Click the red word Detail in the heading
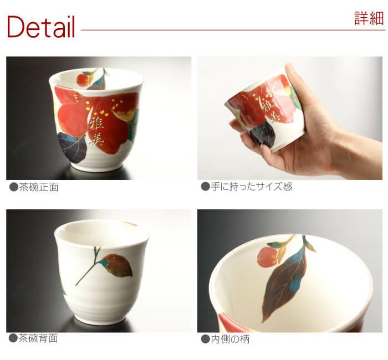(41, 27)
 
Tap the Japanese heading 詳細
(369, 18)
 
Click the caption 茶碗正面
(39, 187)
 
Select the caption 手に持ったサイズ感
(252, 187)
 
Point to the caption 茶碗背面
(38, 338)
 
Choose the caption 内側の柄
(230, 339)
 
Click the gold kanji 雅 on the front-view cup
(96, 124)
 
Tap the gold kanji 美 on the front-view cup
(96, 139)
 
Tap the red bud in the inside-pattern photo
(267, 257)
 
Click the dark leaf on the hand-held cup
(262, 133)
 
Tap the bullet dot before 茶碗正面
(14, 187)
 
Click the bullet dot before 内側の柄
(206, 339)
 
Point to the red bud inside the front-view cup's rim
(83, 80)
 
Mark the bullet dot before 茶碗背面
(13, 338)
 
